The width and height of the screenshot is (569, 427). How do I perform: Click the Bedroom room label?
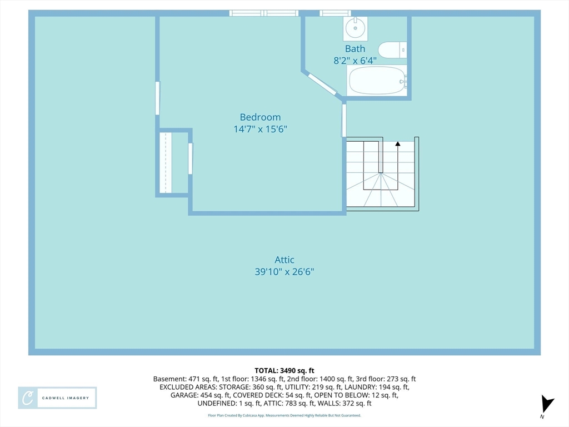260,117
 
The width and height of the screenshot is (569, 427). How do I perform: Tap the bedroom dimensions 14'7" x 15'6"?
260,129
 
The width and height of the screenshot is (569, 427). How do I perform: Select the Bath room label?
355,49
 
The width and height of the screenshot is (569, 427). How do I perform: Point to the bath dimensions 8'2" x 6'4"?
355,60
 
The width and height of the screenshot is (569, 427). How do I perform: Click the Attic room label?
284,260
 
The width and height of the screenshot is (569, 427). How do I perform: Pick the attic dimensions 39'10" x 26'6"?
284,271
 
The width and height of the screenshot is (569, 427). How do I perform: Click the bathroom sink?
355,28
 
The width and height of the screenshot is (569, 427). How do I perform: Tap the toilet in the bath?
392,50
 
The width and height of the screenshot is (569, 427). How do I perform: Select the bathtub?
377,80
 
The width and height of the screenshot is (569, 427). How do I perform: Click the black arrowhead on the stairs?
398,144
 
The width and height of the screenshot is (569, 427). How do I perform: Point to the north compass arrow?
547,404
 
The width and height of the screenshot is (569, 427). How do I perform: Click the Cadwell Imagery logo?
57,398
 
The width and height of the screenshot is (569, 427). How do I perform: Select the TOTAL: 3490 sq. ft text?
284,371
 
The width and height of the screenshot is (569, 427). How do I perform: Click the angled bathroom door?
322,85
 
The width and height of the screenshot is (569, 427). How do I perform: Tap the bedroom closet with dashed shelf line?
172,162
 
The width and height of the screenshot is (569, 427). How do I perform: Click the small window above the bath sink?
335,13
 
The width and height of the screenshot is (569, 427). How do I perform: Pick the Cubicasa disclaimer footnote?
284,415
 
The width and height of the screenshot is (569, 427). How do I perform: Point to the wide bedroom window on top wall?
264,13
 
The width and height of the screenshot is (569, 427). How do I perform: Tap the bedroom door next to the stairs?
343,121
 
